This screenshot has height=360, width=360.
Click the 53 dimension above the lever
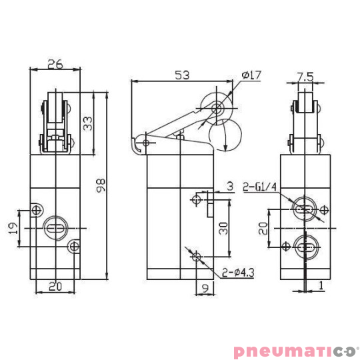click(181, 75)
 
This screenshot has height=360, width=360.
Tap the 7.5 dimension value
click(305, 76)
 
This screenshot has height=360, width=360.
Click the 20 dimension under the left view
click(55, 287)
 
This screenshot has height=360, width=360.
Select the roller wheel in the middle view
click(217, 107)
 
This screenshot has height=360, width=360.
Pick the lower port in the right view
click(306, 248)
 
